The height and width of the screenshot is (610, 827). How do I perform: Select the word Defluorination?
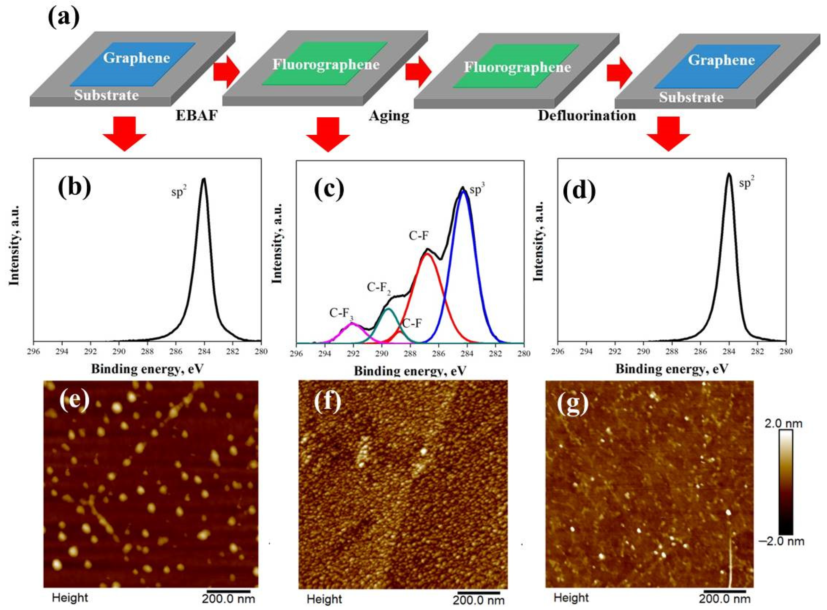pyautogui.click(x=587, y=116)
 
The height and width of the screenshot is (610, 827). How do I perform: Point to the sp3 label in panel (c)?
pyautogui.click(x=477, y=190)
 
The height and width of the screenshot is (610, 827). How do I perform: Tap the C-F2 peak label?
pyautogui.click(x=379, y=288)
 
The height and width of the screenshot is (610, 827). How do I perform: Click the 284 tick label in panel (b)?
pyautogui.click(x=204, y=352)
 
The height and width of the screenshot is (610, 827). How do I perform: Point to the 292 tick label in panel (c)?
pyautogui.click(x=353, y=354)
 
